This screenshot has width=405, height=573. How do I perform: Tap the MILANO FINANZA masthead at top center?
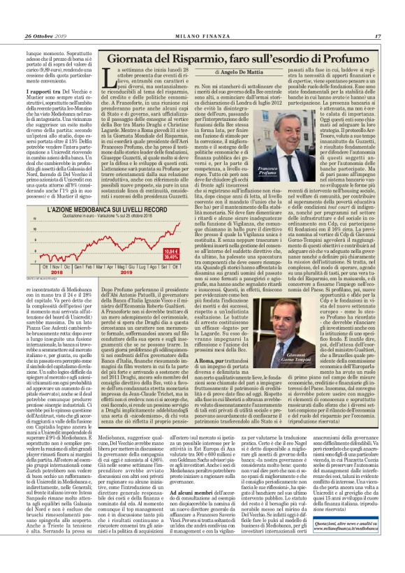202,17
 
